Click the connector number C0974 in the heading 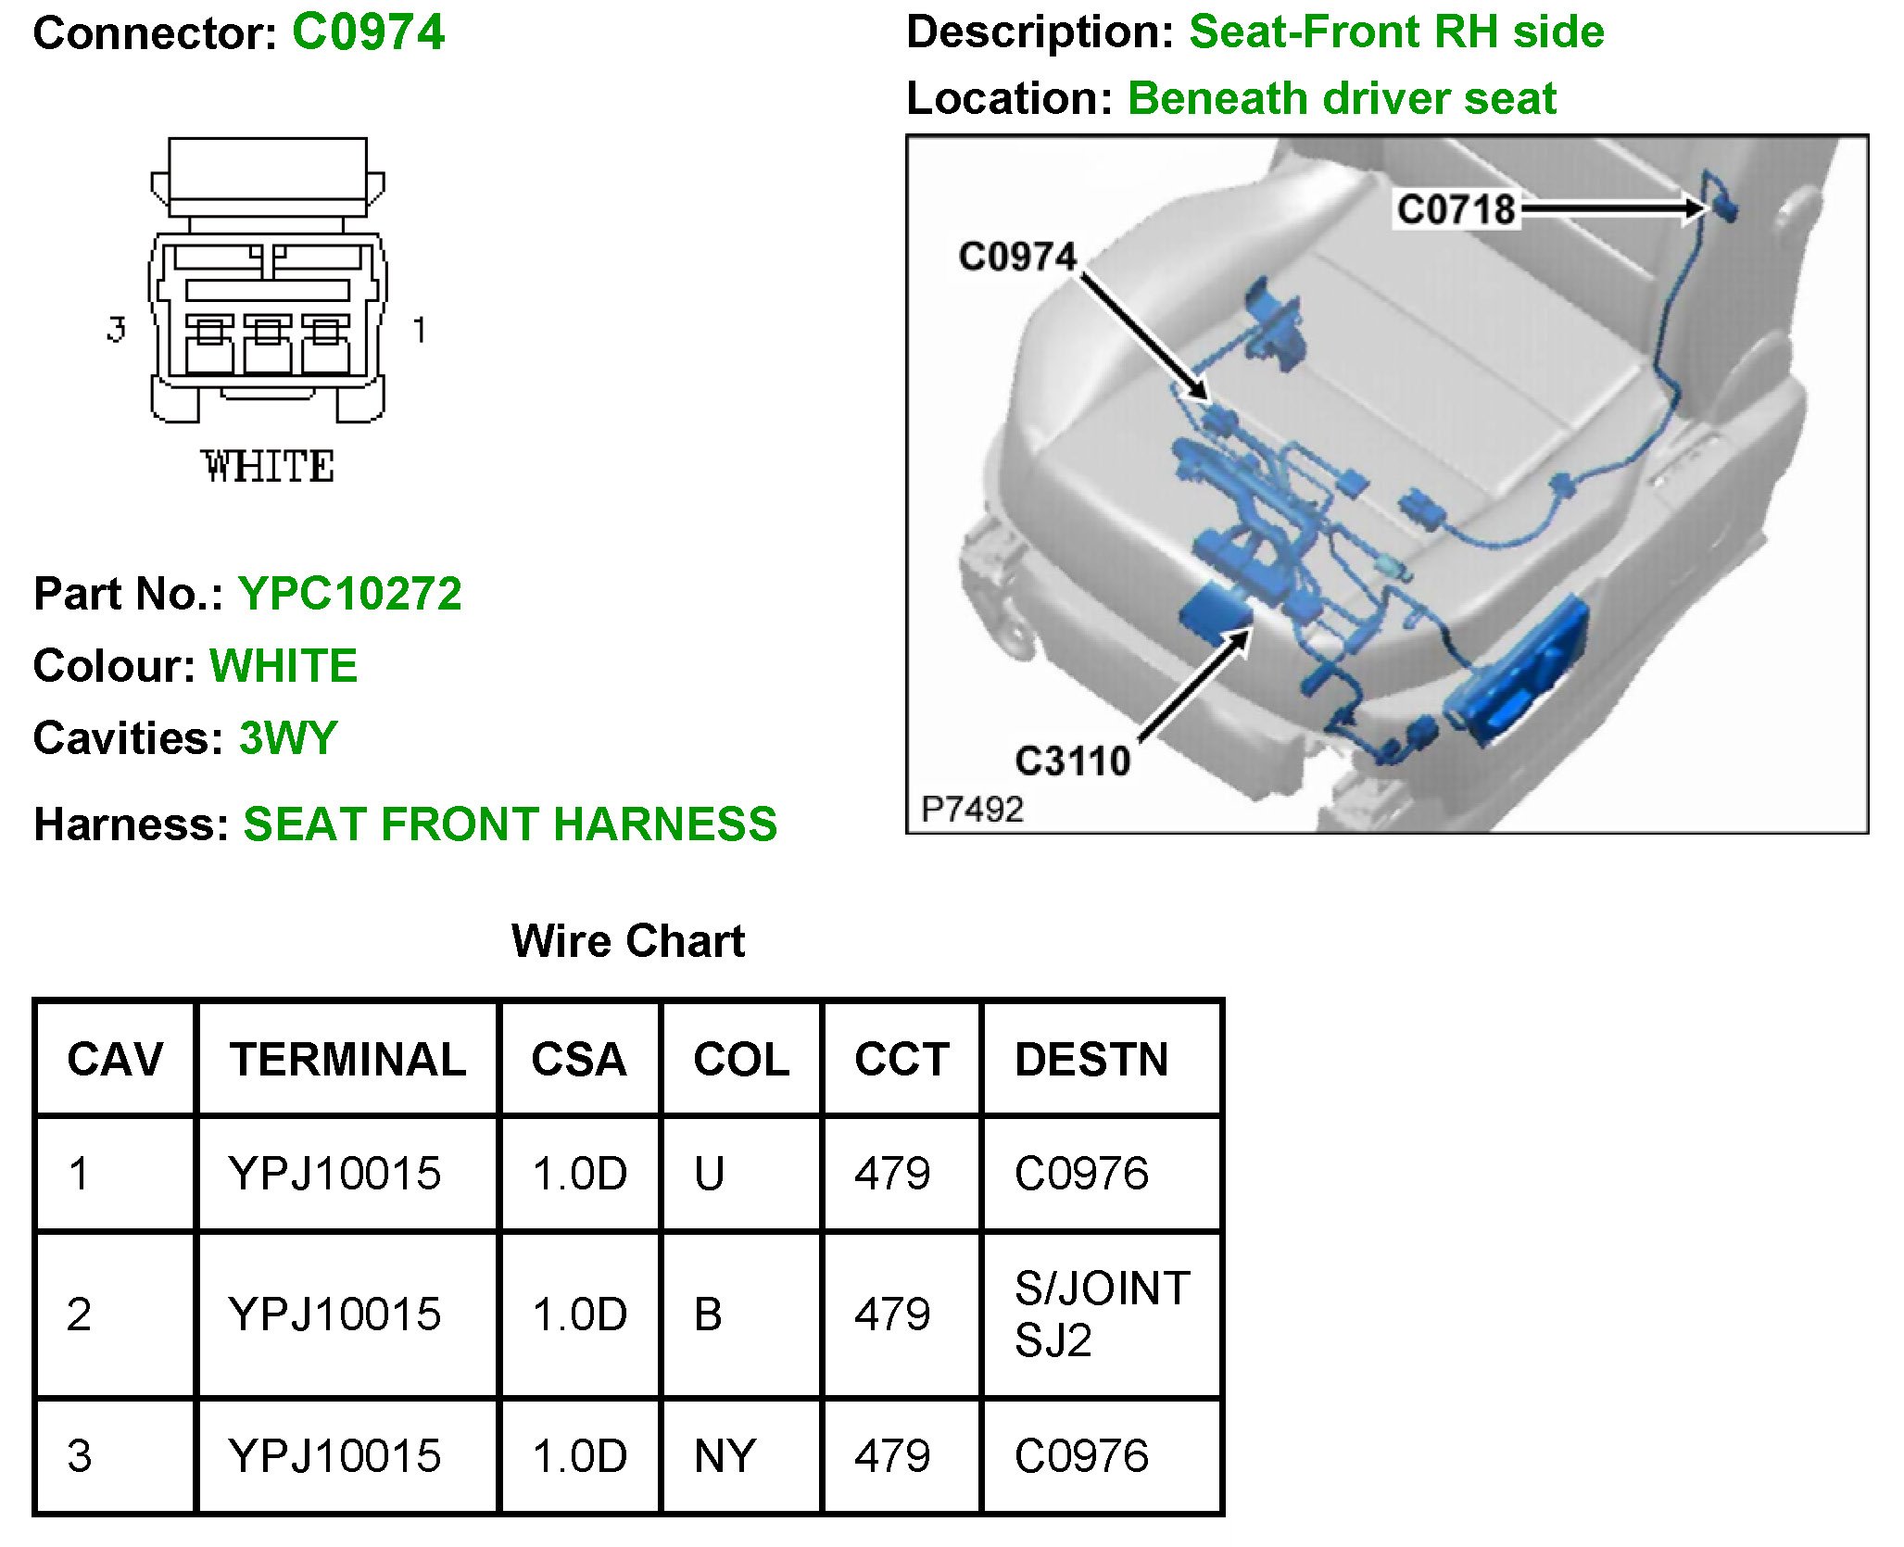pos(368,33)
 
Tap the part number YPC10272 pos(349,594)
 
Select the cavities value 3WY pos(288,738)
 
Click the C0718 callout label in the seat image pos(1456,209)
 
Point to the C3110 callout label pos(1073,761)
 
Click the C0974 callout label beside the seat pos(1017,257)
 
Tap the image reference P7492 pos(972,810)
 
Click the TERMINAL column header pos(347,1059)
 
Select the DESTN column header pos(1091,1059)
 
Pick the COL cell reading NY pos(725,1455)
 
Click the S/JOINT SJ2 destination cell pos(1101,1314)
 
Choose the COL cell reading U pos(709,1174)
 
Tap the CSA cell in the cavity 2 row pos(579,1314)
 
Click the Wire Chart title pos(627,941)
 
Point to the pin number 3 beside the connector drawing pos(116,329)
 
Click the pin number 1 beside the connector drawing pos(419,330)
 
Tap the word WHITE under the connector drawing pos(268,466)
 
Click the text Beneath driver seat pos(1342,98)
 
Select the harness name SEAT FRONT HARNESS pos(510,824)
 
